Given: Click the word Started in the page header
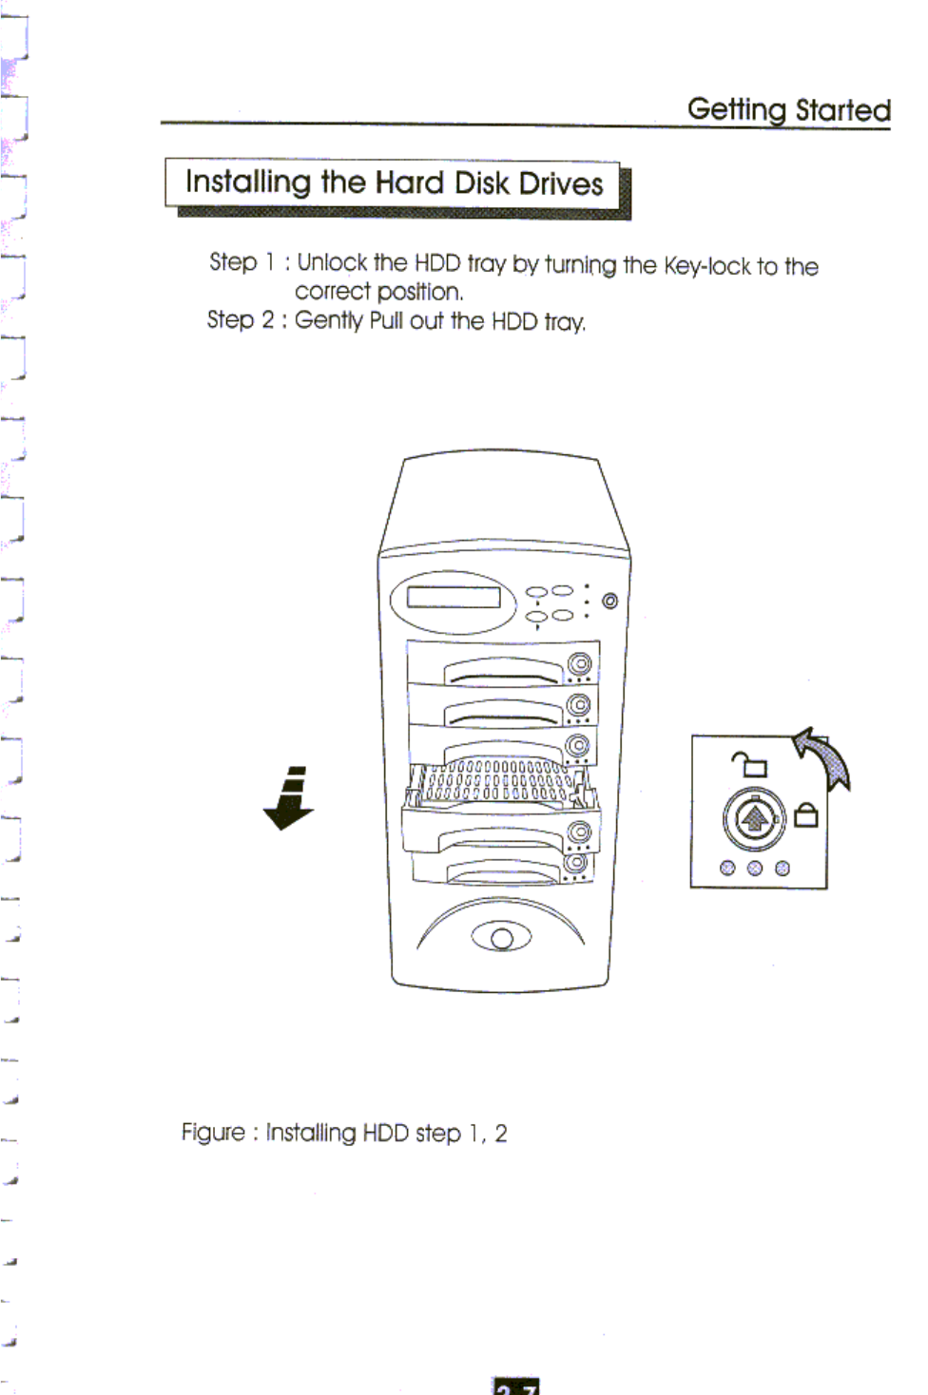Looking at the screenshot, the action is tap(842, 110).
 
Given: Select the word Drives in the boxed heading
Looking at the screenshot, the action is tap(561, 182).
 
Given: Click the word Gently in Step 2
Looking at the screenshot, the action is tap(329, 320).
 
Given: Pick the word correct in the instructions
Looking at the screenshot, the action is tap(332, 291).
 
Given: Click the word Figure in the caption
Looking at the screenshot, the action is tap(213, 1133).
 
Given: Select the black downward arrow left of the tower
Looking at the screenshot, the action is tap(289, 799).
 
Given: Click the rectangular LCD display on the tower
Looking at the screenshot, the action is tap(454, 597).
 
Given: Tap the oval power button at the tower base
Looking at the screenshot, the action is tap(501, 939).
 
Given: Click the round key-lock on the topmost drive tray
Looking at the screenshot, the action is tap(579, 663).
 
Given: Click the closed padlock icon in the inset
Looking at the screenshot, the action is tap(805, 815).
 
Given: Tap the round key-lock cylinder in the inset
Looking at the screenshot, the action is tap(754, 818).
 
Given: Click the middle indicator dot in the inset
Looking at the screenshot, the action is tap(755, 868).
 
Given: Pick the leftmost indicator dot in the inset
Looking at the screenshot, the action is tap(727, 868).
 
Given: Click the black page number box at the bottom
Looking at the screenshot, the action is tap(516, 1386).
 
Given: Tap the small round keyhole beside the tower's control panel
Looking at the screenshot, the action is tap(609, 601).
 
